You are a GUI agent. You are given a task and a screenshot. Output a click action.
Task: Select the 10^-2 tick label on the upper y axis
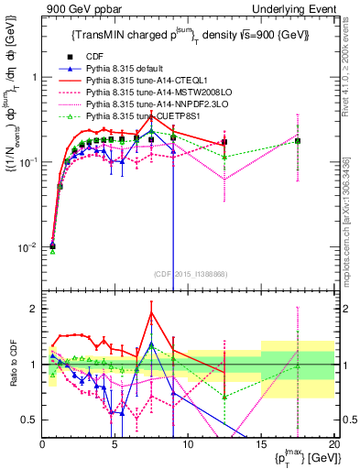click(x=25, y=246)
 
